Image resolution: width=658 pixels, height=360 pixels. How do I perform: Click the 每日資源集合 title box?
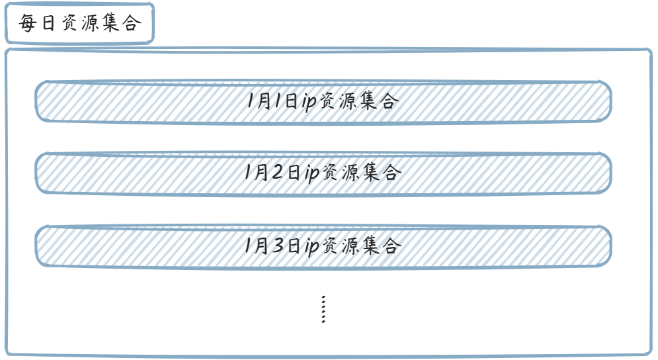[79, 24]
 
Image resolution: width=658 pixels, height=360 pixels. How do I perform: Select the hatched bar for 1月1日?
[132, 101]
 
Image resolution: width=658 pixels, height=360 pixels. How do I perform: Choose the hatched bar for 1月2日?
[132, 173]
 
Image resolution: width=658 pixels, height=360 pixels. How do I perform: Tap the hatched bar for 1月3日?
[132, 246]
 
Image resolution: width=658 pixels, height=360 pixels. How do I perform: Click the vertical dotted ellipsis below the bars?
[323, 309]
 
